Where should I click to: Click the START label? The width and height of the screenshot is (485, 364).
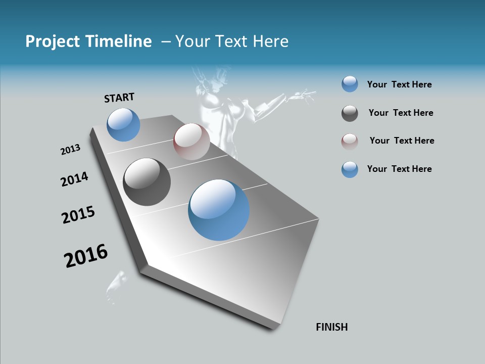119,97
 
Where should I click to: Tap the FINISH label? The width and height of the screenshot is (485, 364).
331,327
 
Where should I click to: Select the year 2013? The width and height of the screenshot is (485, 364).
71,149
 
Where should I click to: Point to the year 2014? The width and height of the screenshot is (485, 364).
74,179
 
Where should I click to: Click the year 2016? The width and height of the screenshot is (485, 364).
86,256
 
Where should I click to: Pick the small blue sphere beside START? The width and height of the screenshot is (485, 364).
123,124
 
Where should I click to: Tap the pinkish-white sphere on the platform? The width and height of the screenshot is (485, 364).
191,142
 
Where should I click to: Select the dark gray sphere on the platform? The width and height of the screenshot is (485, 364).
147,182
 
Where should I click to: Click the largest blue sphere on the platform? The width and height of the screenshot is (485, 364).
219,210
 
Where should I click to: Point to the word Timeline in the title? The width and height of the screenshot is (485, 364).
119,41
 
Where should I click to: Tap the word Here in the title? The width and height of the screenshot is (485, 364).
271,41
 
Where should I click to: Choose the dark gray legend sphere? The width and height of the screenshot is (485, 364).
350,114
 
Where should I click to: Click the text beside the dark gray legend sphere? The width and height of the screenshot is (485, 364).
401,113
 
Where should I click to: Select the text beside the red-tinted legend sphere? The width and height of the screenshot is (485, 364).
402,141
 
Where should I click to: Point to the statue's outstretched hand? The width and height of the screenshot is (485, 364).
306,94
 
